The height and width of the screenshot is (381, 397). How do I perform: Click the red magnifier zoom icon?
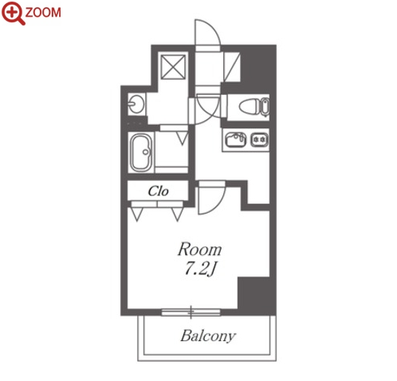click(x=12, y=14)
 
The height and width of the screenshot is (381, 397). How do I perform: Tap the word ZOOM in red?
click(x=43, y=13)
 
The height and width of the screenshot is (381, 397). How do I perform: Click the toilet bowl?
click(x=250, y=107)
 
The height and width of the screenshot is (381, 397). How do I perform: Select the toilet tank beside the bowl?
click(x=265, y=107)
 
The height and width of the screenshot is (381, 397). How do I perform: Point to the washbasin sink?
click(x=136, y=104)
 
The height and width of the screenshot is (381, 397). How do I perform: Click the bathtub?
click(x=141, y=152)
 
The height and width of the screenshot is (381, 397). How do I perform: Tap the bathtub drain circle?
click(x=145, y=152)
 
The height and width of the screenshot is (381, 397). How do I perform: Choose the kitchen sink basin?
click(x=235, y=139)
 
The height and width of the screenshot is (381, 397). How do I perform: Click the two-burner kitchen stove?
click(x=260, y=139)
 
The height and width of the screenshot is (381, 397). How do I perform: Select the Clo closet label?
click(x=158, y=191)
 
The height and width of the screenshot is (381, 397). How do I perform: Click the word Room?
click(x=200, y=249)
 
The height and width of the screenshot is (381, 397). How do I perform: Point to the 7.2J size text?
click(x=199, y=269)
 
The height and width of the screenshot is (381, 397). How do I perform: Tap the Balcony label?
click(x=208, y=336)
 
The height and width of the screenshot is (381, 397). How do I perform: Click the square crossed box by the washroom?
click(x=173, y=67)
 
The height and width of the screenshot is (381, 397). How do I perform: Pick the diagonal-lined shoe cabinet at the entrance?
click(x=232, y=67)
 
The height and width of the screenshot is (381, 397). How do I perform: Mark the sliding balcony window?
click(x=191, y=312)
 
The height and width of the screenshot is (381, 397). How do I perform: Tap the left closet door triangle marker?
click(x=137, y=214)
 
